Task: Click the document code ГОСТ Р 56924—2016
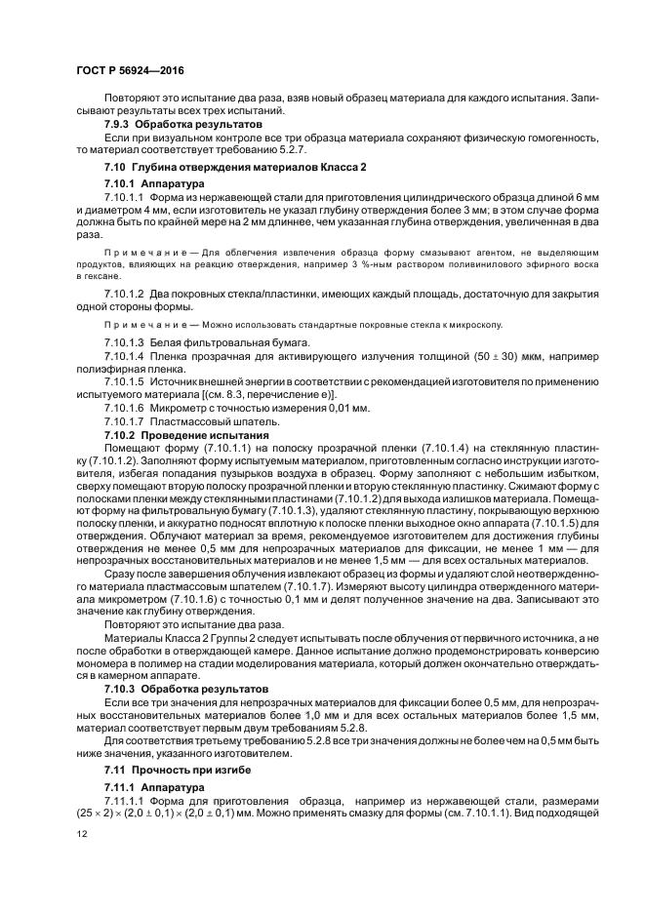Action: (130, 71)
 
